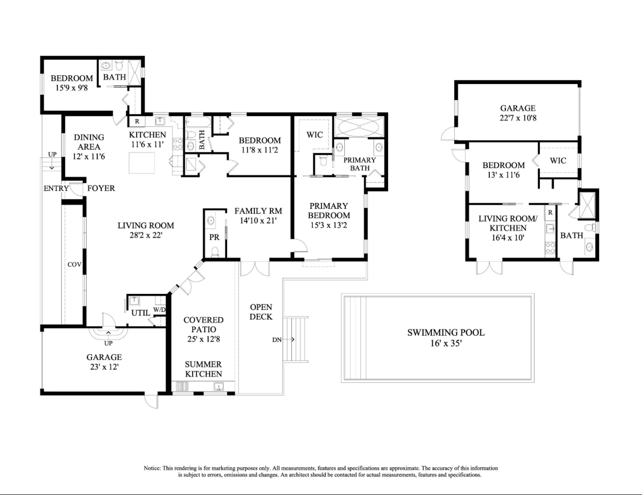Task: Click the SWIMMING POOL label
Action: point(446,333)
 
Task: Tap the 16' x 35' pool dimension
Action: point(446,343)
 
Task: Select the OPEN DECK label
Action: point(261,312)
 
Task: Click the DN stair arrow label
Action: point(277,340)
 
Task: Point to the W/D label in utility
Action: point(159,310)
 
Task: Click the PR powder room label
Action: point(214,237)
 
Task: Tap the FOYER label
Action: point(101,188)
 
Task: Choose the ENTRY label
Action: point(56,188)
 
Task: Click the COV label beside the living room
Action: point(74,265)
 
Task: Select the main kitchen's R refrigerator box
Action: point(137,121)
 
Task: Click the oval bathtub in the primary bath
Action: point(359,127)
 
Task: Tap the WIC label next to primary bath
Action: point(314,135)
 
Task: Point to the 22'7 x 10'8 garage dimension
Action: point(518,118)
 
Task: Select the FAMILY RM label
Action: point(258,211)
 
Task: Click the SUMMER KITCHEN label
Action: point(203,369)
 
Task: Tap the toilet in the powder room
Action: point(215,252)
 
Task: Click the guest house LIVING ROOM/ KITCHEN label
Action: point(508,223)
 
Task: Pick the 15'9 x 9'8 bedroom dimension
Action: point(72,88)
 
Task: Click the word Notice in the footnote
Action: point(152,468)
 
